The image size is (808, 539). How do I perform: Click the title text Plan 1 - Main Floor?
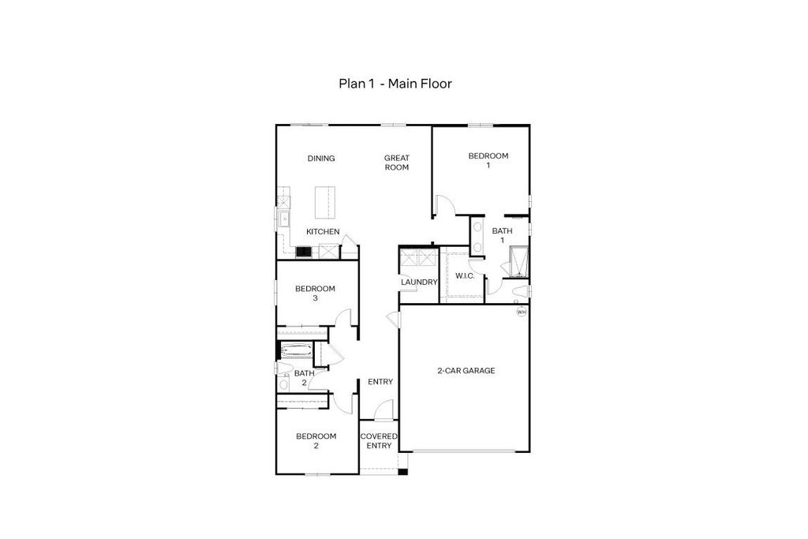395,84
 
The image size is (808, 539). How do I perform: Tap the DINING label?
321,158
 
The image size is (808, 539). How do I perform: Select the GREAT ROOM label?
397,163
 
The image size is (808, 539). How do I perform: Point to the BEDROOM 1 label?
488,160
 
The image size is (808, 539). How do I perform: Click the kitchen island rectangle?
325,203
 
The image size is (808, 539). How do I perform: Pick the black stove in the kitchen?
304,252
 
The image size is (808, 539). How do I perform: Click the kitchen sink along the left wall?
283,219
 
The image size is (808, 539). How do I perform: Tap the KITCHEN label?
323,231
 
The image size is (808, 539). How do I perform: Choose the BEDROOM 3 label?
315,294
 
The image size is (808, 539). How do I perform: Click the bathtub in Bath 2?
296,351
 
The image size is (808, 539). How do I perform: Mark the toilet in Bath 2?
283,368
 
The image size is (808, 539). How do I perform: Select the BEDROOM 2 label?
316,440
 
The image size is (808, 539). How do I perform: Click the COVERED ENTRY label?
379,440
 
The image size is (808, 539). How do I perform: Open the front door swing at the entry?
383,410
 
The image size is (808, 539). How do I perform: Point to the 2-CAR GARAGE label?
466,370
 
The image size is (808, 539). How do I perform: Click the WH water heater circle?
522,312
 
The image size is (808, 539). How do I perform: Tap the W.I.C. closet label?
465,276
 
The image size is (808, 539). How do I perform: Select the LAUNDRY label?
419,283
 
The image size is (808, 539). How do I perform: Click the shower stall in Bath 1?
518,262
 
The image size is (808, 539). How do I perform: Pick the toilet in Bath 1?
521,292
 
